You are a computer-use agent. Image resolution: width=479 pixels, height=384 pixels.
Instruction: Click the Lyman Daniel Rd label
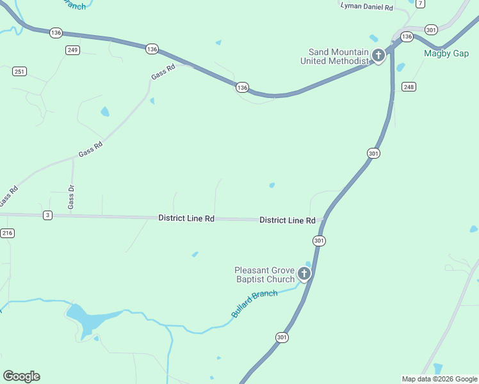(366, 6)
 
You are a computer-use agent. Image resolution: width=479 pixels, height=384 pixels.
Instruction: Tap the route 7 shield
(420, 3)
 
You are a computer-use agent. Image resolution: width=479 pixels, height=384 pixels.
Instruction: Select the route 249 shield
(72, 50)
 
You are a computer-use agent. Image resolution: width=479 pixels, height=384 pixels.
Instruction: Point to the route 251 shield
(19, 71)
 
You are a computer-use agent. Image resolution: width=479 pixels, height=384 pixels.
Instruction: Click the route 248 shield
(409, 86)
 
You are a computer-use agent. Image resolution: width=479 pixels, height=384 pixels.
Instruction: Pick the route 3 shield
(47, 215)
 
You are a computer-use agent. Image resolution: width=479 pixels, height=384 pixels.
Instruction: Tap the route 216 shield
(7, 233)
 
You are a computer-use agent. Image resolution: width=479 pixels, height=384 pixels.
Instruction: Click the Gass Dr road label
(71, 196)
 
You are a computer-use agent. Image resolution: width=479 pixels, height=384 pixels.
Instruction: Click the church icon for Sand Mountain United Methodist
(378, 56)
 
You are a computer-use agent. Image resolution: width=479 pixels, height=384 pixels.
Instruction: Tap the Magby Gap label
(446, 53)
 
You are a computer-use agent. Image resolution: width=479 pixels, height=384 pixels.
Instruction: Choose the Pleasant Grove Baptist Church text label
(264, 275)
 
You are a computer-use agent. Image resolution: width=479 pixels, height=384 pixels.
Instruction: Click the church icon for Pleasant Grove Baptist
(304, 275)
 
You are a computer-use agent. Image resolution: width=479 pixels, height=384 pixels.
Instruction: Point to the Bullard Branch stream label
(254, 304)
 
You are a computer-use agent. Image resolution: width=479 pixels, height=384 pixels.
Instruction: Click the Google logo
(21, 376)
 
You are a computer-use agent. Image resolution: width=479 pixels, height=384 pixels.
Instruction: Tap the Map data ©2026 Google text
(439, 379)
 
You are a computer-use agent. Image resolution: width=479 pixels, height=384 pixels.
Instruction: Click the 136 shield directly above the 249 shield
(56, 33)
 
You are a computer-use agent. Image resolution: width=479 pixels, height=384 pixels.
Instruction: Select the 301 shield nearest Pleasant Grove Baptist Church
(320, 241)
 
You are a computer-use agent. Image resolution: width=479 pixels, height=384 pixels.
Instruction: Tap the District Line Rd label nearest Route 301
(287, 220)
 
